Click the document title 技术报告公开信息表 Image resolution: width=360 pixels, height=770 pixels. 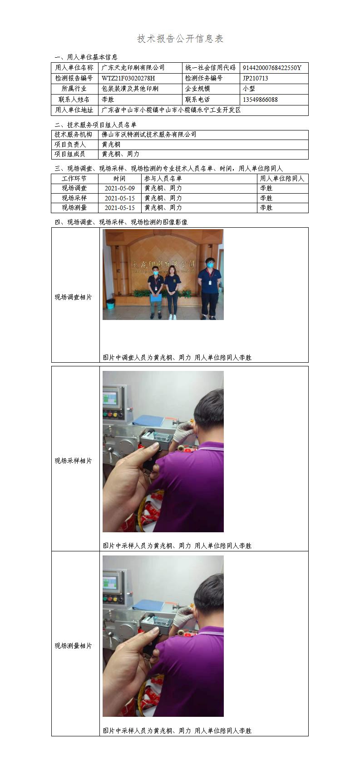pos(180,39)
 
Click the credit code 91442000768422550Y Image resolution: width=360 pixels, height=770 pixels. pos(272,68)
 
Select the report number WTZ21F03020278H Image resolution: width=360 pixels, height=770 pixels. pos(128,78)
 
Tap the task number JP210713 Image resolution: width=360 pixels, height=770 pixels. pos(255,78)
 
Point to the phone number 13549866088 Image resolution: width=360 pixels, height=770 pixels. pos(260,100)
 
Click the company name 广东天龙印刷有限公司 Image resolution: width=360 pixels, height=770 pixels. pos(133,68)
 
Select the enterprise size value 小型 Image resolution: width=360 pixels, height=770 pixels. pos(249,89)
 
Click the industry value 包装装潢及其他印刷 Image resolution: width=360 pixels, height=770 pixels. pos(130,89)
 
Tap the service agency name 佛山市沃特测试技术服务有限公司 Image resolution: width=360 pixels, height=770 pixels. pos(149,135)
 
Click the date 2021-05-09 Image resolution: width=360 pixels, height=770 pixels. pos(120,188)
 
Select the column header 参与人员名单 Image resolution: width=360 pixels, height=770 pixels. pos(163,178)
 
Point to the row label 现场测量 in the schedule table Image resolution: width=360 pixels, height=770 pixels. pos(74,208)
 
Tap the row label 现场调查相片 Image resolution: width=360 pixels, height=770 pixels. pos(74,297)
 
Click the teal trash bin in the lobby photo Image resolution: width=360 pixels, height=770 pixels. pos(110,304)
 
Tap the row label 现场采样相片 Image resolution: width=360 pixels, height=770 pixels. pos(74,460)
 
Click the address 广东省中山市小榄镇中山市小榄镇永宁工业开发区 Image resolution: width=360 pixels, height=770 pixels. pos(171,110)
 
